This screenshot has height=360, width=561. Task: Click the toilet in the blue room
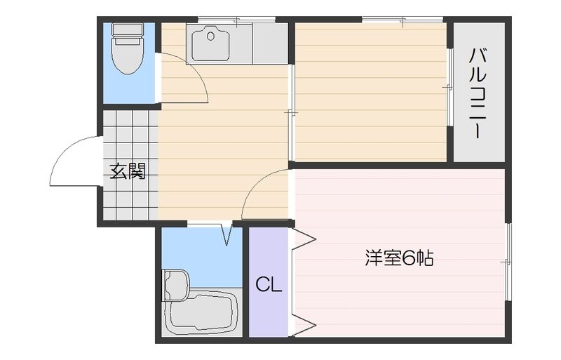tap(128, 53)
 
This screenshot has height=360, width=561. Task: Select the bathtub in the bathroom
tap(201, 313)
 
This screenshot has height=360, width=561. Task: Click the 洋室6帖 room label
tap(398, 258)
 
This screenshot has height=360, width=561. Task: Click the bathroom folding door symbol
tap(227, 234)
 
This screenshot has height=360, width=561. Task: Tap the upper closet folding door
tap(304, 240)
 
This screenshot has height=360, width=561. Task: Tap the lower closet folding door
tap(304, 324)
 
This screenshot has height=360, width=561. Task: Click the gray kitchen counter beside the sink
tap(270, 44)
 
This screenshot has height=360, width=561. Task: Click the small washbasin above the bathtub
tap(175, 284)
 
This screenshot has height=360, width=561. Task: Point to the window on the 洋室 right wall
tap(508, 261)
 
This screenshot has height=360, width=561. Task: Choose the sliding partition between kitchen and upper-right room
tap(291, 112)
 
